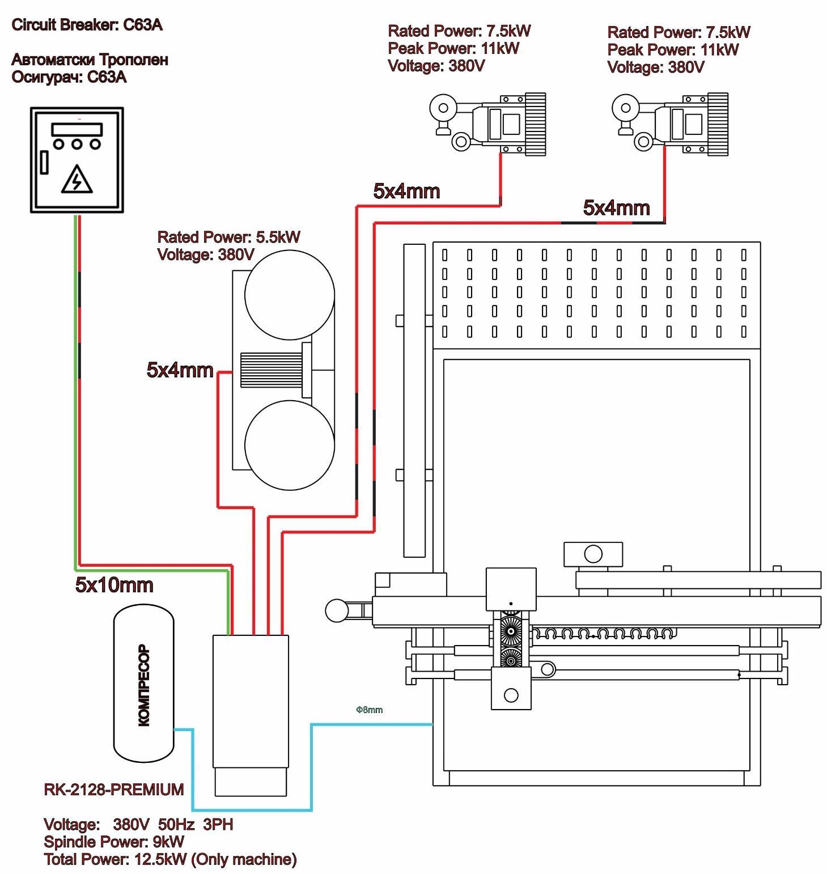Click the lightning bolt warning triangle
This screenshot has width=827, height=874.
pyautogui.click(x=77, y=180)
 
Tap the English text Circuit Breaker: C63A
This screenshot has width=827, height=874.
pyautogui.click(x=87, y=25)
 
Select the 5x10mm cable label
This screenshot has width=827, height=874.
pyautogui.click(x=114, y=585)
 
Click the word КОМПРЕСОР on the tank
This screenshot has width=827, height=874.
pyautogui.click(x=144, y=685)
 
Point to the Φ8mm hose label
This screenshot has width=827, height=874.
pyautogui.click(x=369, y=710)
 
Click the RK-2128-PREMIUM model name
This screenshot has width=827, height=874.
pyautogui.click(x=113, y=790)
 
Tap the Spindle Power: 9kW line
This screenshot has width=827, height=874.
pyautogui.click(x=113, y=842)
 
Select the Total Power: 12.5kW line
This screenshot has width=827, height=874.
pyautogui.click(x=170, y=859)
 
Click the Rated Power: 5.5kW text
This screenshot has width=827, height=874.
pyautogui.click(x=228, y=237)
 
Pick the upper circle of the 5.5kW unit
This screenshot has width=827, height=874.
pyautogui.click(x=289, y=295)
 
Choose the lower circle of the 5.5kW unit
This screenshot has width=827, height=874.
pyautogui.click(x=289, y=445)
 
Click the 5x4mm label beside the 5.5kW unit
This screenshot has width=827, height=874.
pyautogui.click(x=180, y=370)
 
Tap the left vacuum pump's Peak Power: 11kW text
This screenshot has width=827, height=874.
pyautogui.click(x=453, y=49)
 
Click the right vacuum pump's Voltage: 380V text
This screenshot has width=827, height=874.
pyautogui.click(x=655, y=67)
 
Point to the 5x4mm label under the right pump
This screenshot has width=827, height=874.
pyautogui.click(x=616, y=208)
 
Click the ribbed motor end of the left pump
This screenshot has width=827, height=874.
pyautogui.click(x=535, y=124)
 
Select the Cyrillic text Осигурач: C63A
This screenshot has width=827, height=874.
pyautogui.click(x=69, y=77)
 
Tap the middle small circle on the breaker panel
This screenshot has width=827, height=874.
pyautogui.click(x=77, y=144)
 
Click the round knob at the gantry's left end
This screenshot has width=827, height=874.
pyautogui.click(x=337, y=610)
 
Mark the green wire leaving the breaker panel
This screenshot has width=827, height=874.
pyautogui.click(x=75, y=397)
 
